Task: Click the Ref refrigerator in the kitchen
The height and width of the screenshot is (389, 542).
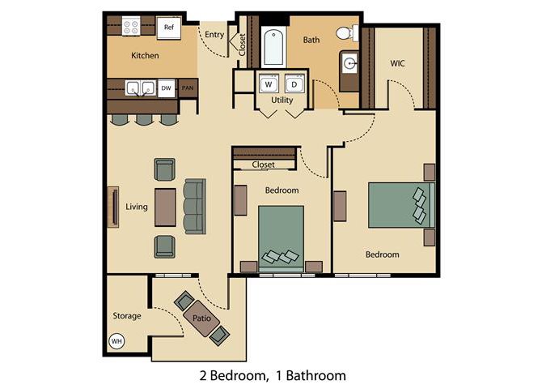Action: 169,28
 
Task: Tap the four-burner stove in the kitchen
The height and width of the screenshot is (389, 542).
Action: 131,26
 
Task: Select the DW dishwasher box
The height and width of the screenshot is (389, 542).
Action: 167,88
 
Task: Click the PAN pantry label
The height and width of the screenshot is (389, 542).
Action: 188,88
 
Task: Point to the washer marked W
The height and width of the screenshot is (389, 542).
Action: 269,83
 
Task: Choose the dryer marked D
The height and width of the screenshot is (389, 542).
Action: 294,83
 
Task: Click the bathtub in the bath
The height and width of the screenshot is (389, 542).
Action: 273,47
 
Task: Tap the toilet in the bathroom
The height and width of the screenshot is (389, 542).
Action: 347,33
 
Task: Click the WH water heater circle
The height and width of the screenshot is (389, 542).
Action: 116,341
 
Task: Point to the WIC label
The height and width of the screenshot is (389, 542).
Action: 397,63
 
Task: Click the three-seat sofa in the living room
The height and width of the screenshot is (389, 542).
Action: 195,207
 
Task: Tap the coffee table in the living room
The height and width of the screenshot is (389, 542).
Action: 165,207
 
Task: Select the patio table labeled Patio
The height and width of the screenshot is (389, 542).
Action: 201,318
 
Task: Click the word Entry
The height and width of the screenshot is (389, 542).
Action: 214,35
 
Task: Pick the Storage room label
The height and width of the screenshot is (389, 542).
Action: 127,316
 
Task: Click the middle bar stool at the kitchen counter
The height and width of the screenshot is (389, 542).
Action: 144,119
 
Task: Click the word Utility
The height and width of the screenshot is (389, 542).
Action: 282,100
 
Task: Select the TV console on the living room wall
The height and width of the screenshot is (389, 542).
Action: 113,207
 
